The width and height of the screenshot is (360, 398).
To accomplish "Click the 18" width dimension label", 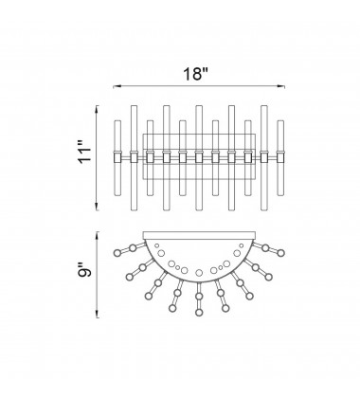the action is point(196,74).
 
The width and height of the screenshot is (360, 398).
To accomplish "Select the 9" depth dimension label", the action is point(84,270).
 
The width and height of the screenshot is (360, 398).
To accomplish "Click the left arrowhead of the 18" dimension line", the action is point(116,86).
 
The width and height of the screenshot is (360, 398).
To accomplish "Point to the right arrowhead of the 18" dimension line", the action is point(282,86).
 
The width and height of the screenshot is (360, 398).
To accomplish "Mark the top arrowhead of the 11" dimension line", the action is point(97,108).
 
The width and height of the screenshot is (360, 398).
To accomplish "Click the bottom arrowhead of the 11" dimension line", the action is point(97,208).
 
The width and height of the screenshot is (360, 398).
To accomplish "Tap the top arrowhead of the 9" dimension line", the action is point(98,234).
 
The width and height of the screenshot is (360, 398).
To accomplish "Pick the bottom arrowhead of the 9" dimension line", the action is point(98,315).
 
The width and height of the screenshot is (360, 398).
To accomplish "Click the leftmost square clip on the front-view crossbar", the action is point(117,157).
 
